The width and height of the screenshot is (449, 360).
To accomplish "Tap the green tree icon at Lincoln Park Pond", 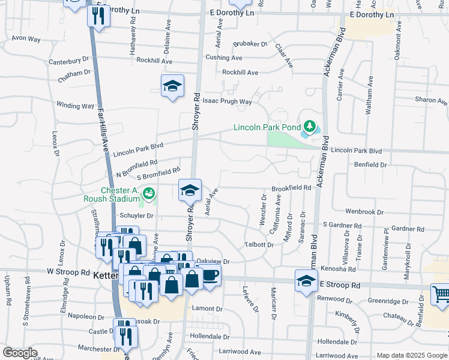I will tap(309, 127).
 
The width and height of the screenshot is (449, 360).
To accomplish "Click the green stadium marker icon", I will tap(148, 193).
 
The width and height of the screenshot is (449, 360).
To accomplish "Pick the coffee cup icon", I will tap(210, 275).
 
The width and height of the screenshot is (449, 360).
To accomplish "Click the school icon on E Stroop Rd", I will tap(306, 280).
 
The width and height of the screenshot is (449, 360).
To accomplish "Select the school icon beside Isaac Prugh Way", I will tap(172, 86).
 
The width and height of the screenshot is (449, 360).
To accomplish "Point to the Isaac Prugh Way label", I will tap(227, 101).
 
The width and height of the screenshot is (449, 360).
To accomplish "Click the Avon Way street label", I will tap(26, 38).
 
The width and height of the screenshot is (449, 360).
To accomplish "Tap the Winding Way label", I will tap(75, 106).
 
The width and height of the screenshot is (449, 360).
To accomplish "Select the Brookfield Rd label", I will tap(291, 188).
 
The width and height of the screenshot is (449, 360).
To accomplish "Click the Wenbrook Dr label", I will tap(364, 212).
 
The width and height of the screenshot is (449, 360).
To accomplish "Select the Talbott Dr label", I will tap(259, 245).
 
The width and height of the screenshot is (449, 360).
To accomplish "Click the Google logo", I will tap(20, 353).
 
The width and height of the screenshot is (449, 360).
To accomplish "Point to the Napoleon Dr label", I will tap(86, 316).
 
